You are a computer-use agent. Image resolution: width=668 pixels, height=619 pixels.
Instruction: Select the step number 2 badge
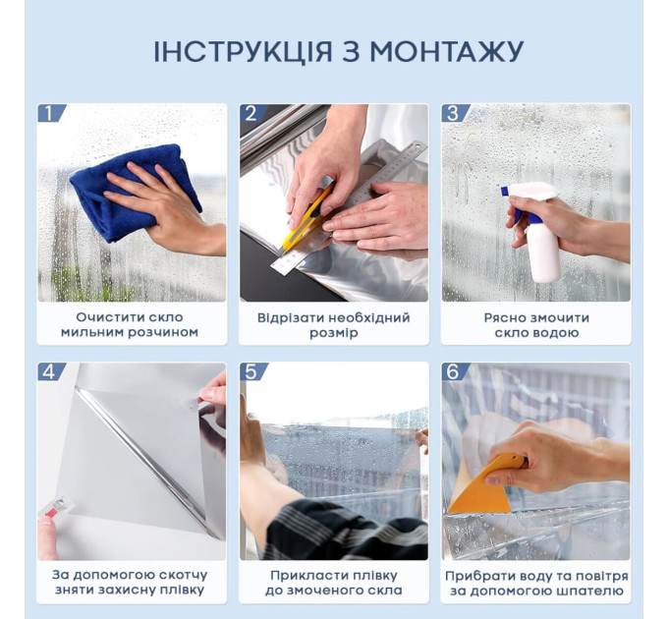pos(251,113)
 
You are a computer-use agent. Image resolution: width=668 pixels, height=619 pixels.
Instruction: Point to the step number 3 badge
pos(453,113)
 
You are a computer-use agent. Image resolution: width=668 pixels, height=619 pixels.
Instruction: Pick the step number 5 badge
pos(251,372)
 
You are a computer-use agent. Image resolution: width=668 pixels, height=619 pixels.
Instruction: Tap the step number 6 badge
pos(453,372)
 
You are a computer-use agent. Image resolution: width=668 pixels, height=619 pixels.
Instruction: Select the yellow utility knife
pos(306,220)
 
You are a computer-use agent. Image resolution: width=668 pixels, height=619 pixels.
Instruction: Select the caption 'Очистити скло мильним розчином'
pos(132,325)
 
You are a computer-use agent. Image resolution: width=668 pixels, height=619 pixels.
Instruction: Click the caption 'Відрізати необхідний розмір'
pos(334,325)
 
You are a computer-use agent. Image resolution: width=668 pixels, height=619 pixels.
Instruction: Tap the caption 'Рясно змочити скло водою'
pos(535,325)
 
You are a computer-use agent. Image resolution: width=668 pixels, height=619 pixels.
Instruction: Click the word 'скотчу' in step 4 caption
pos(181,575)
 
